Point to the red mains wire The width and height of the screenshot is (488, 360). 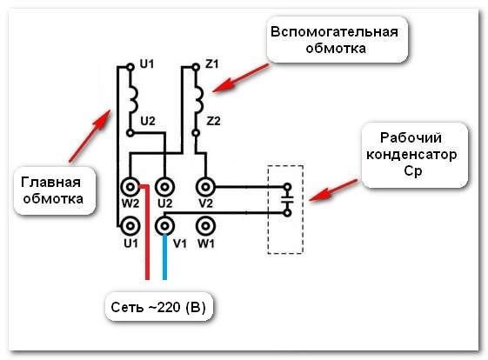tap(148, 232)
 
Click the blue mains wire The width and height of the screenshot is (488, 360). tap(164, 257)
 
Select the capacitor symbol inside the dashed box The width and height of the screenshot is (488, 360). tap(287, 200)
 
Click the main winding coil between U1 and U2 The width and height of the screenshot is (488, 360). tap(133, 100)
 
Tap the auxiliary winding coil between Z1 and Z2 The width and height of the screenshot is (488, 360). tap(198, 100)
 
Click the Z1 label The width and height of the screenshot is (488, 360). tap(212, 63)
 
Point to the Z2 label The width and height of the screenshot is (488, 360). tap(213, 121)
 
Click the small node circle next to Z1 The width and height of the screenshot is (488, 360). tap(196, 67)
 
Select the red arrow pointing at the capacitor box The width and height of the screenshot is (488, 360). tap(334, 190)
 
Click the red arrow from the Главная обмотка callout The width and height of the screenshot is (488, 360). tap(90, 136)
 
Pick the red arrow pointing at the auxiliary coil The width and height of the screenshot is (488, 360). tap(241, 78)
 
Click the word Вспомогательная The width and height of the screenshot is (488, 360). tap(334, 32)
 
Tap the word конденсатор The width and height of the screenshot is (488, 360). tap(411, 155)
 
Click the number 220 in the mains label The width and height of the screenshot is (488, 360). tap(169, 307)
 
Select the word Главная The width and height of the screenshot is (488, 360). tap(50, 183)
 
